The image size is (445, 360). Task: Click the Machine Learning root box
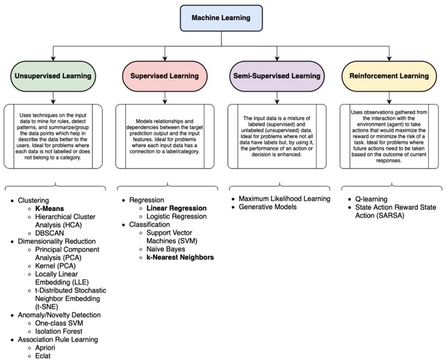click(222, 18)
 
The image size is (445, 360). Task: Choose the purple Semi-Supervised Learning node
click(276, 75)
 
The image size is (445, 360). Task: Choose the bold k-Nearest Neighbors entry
click(179, 258)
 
